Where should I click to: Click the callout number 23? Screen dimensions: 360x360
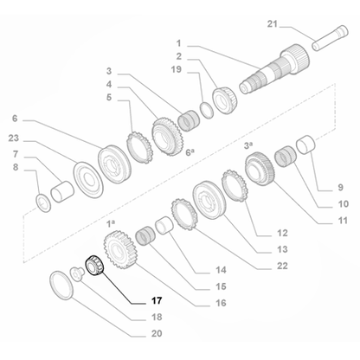[15, 138]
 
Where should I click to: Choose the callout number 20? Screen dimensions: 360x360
[156, 333]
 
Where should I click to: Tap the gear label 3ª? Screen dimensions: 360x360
[247, 144]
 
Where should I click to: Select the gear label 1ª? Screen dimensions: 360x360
[111, 224]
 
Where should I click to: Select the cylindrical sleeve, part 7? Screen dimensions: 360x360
[61, 190]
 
